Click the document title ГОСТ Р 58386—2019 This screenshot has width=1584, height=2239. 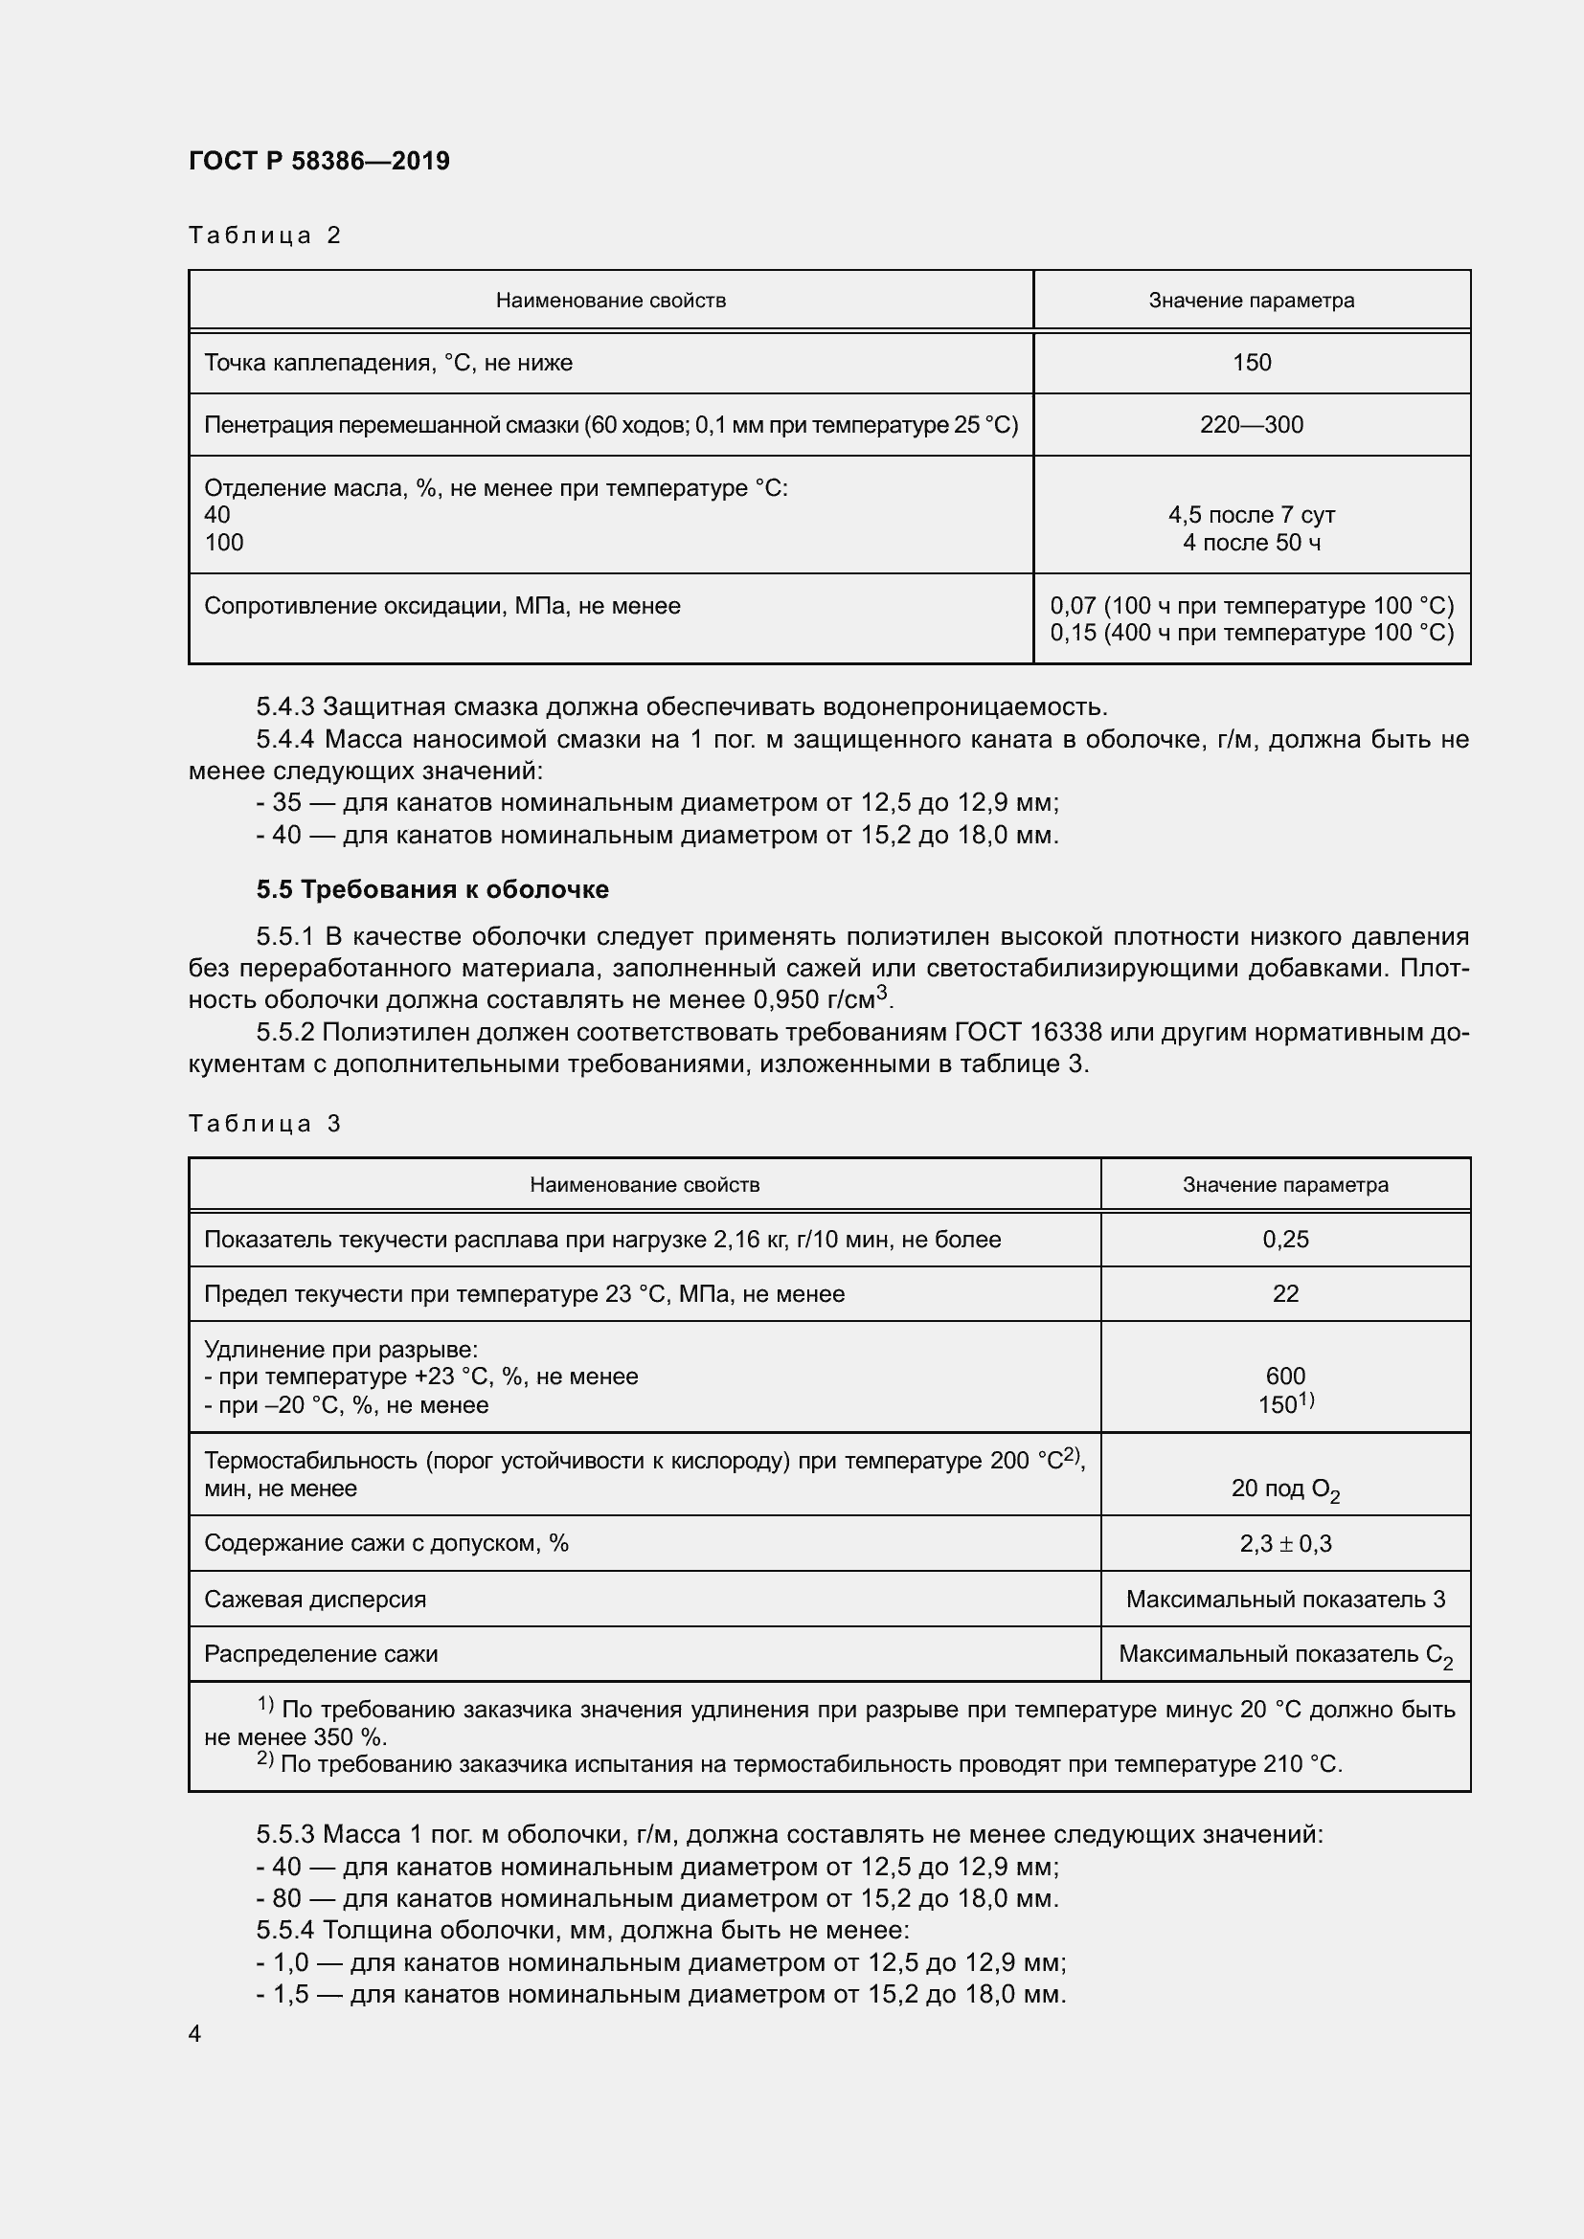coord(319,161)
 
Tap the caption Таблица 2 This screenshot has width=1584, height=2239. coord(264,235)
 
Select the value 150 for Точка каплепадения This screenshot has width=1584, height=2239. coord(1252,363)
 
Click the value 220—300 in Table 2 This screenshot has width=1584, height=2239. coord(1252,425)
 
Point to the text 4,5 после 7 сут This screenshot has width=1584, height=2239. coord(1252,515)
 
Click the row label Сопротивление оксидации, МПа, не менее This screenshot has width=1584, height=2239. coord(441,606)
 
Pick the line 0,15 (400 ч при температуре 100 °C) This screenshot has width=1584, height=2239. coord(1252,633)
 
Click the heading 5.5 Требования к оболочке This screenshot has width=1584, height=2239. coord(432,889)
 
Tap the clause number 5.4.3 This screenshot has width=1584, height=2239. coord(284,706)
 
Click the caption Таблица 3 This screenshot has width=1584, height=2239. coord(264,1124)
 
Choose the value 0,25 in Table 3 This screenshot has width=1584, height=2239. coord(1284,1240)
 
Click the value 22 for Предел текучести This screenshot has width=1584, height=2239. coord(1284,1294)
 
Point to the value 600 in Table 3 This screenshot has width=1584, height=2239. coord(1284,1376)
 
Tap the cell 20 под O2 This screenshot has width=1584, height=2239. coord(1284,1489)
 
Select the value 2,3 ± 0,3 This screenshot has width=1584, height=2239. coord(1284,1544)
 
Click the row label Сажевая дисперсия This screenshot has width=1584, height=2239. coord(315,1600)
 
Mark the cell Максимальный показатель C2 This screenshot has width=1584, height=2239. coord(1284,1655)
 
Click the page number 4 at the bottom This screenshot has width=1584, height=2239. coord(195,2034)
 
